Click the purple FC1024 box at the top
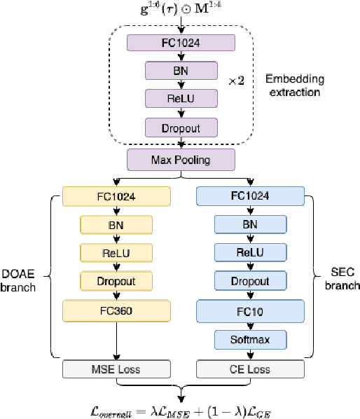(x=181, y=42)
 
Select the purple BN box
(x=181, y=70)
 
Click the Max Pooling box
(x=181, y=160)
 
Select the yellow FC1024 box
(x=116, y=195)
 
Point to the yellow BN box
(x=116, y=224)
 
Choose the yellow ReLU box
(x=116, y=252)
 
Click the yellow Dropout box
(x=116, y=280)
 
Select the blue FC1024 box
(x=249, y=195)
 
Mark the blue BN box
(x=249, y=224)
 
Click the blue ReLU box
(x=249, y=252)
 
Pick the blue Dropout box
(x=249, y=280)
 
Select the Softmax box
(x=249, y=340)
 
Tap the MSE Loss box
(x=116, y=369)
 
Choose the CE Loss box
(x=249, y=369)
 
